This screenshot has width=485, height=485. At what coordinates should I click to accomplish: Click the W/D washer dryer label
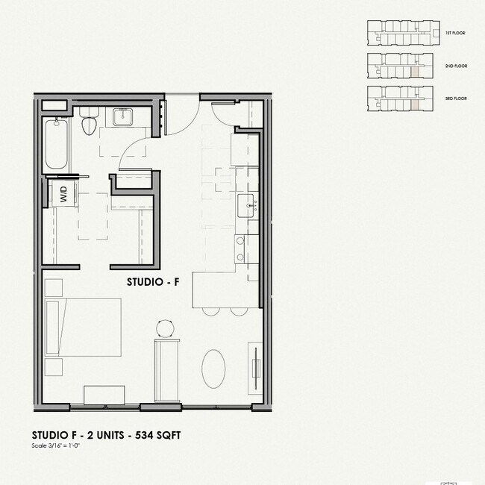(x=63, y=196)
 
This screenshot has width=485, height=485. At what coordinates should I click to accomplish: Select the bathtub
(x=57, y=143)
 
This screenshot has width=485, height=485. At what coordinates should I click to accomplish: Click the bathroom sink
(x=122, y=116)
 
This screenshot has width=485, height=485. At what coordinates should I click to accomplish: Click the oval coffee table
(x=214, y=369)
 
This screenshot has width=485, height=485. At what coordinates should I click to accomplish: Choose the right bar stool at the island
(x=238, y=312)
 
